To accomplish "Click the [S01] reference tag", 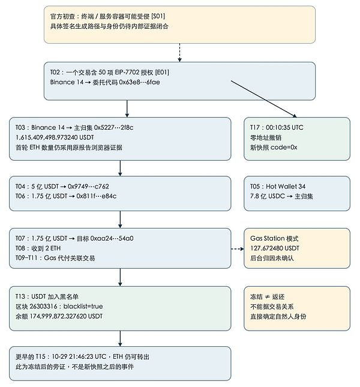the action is tap(158, 16).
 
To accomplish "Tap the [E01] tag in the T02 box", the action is tap(162, 73).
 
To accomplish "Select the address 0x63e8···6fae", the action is tap(139, 82).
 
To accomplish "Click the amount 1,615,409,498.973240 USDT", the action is tap(55, 137).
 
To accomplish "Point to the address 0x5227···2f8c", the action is tap(113, 128).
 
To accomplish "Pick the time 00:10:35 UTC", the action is tap(284, 128).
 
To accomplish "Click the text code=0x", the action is tap(284, 148).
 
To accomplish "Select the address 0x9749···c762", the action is tap(88, 187).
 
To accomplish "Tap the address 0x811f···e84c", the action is tap(96, 196).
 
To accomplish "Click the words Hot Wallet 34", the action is tap(286, 187).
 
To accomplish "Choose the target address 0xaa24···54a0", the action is tap(112, 238).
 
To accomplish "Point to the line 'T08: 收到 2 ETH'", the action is tap(38, 248).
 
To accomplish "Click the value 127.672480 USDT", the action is tap(275, 248).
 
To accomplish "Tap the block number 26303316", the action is tap(43, 306).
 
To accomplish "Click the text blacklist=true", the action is tap(83, 306).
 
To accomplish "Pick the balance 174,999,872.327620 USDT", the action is tap(66, 316).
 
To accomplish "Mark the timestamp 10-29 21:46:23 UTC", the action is tap(79, 356).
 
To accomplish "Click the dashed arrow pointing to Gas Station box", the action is tap(238, 249).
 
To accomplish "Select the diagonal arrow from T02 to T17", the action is tap(264, 99).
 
